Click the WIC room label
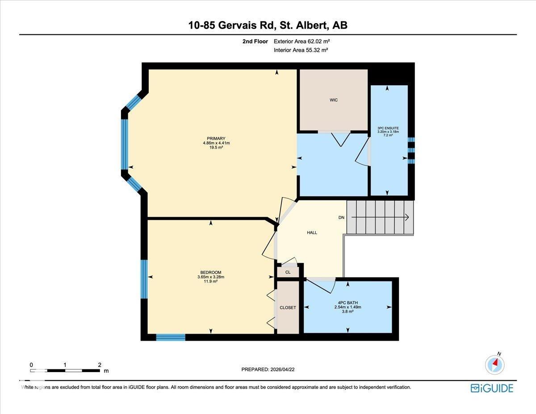point(334,100)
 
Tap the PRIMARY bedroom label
point(216,138)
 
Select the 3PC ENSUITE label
point(388,128)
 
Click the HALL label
point(312,233)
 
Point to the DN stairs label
point(341,217)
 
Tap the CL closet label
point(288,272)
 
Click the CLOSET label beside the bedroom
point(288,307)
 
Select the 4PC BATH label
point(348,302)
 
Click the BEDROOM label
point(211,272)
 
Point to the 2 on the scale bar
point(100,365)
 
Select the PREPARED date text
point(268,369)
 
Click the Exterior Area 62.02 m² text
point(301,42)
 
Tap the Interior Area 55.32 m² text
point(301,50)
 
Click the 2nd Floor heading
point(255,42)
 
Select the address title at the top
point(268,25)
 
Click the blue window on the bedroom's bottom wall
point(171,337)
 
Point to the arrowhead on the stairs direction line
point(407,217)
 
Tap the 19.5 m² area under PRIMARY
point(216,147)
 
